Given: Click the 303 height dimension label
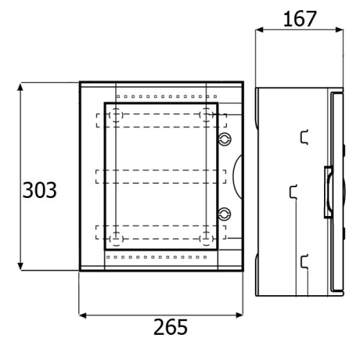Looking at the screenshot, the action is click(x=40, y=190).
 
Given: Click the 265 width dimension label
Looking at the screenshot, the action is click(x=171, y=327).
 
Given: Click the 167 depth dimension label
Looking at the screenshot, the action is click(x=300, y=19).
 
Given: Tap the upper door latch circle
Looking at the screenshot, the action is click(x=225, y=139).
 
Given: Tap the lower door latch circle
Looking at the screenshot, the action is click(x=225, y=214).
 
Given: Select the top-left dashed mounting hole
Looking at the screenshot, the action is click(x=116, y=115).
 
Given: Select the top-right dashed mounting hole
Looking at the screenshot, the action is click(x=206, y=115).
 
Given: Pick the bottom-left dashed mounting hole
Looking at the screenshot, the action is click(x=117, y=239).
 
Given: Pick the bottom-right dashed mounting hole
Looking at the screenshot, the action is click(x=206, y=239).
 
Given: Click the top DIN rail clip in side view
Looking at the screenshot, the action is click(x=305, y=138).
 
